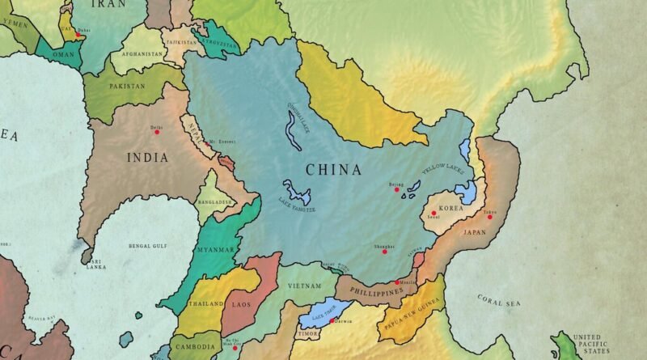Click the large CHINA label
333,170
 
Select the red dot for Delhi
157,132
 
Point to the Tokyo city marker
489,217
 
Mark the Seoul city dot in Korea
433,213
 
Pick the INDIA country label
147,157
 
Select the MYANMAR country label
216,249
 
